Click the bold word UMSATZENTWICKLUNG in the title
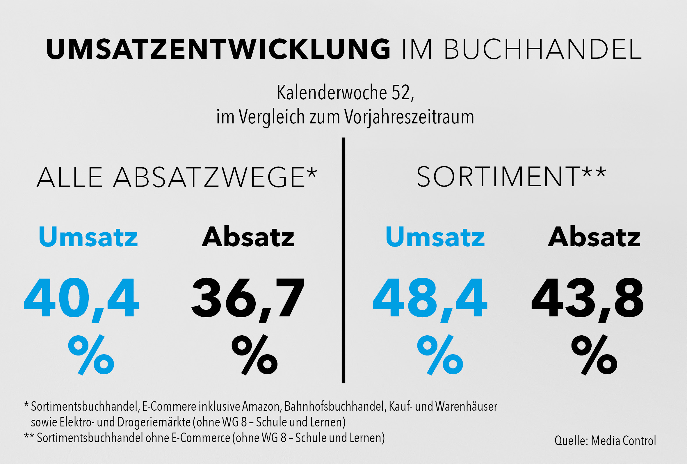218,49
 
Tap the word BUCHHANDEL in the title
543,49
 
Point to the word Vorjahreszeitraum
409,117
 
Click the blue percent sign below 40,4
91,355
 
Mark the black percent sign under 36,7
254,355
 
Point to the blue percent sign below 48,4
440,355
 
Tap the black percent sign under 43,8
594,355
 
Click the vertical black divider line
343,261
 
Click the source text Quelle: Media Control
605,441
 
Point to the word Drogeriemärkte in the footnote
154,422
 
